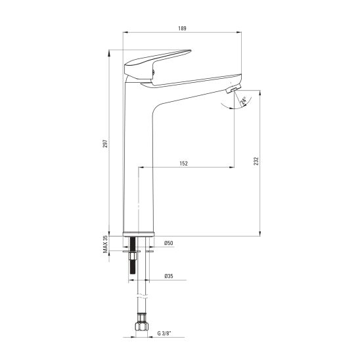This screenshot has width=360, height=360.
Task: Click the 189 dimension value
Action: (182, 28)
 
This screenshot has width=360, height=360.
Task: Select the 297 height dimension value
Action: (105, 143)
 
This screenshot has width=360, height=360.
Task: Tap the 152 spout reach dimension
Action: (183, 164)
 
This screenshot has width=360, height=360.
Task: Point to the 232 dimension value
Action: (256, 161)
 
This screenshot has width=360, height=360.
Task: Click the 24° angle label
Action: (243, 101)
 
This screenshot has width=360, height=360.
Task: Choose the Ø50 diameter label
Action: (169, 243)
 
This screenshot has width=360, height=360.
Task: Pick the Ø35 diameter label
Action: (169, 276)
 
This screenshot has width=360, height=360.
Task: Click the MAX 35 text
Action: (105, 244)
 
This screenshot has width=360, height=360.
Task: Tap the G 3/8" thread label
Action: (164, 333)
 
